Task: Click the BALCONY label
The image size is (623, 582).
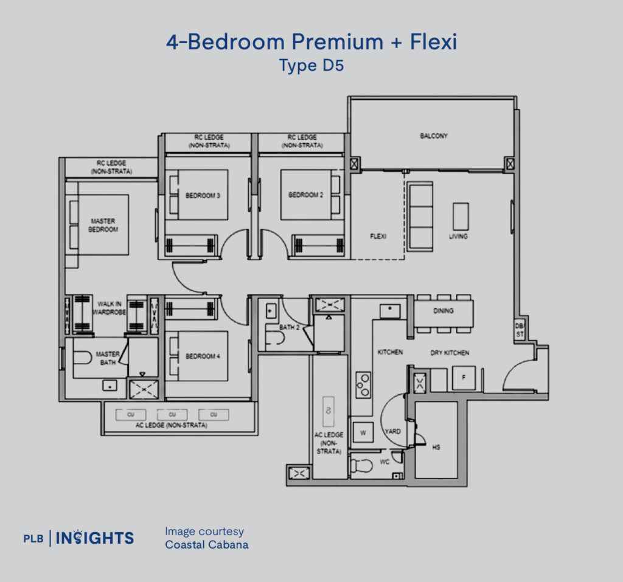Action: click(x=433, y=136)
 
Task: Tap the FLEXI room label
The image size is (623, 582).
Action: click(x=378, y=237)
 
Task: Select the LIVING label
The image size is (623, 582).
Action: click(x=458, y=237)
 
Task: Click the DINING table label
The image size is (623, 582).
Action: click(x=444, y=311)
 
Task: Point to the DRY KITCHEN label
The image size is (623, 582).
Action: click(x=450, y=353)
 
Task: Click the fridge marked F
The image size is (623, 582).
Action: click(x=464, y=378)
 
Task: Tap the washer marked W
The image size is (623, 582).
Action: click(x=363, y=432)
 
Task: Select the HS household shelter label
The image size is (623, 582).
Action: click(x=436, y=448)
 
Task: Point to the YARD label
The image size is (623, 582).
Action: click(x=392, y=431)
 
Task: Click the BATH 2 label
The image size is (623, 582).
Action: click(x=289, y=327)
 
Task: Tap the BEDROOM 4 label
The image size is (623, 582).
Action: click(x=203, y=356)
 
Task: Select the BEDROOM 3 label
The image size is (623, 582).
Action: click(x=203, y=195)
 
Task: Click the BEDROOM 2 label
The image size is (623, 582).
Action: click(x=305, y=195)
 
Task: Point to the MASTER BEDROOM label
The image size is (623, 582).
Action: click(x=103, y=225)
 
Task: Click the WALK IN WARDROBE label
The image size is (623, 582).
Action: click(x=109, y=308)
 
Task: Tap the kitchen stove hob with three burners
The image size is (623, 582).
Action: click(x=363, y=384)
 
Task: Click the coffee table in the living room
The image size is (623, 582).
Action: click(x=461, y=217)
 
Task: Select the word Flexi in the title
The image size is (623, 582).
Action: click(x=433, y=42)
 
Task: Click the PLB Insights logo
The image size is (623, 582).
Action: click(x=78, y=538)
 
